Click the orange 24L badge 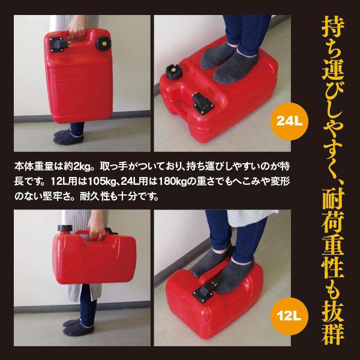[289, 121]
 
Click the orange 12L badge [289, 316]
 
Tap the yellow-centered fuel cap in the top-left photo [104, 43]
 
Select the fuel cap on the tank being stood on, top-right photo [174, 71]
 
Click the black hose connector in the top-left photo [59, 44]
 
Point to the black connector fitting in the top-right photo [203, 104]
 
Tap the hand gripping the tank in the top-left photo [77, 29]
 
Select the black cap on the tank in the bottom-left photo [65, 228]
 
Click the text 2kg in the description [82, 167]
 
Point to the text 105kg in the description [101, 182]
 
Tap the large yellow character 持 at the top [333, 28]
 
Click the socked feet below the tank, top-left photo [68, 137]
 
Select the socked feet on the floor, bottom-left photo [79, 328]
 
